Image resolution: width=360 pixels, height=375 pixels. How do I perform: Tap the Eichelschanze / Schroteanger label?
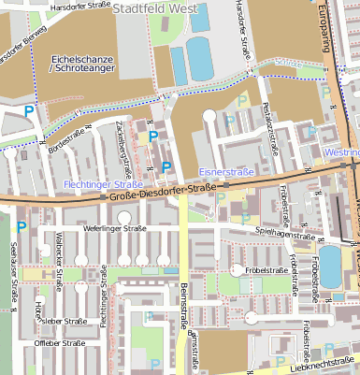pyautogui.click(x=82, y=65)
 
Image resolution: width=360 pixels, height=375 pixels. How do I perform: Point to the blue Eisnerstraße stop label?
pyautogui.click(x=229, y=172)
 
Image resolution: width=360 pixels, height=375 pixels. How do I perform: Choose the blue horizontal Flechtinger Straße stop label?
pyautogui.click(x=101, y=185)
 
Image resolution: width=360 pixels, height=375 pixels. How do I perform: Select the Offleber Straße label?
pyautogui.click(x=60, y=343)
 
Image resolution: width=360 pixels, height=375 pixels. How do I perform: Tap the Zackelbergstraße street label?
pyautogui.click(x=122, y=148)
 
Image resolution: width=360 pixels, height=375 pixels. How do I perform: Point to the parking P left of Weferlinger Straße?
pyautogui.click(x=21, y=226)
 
